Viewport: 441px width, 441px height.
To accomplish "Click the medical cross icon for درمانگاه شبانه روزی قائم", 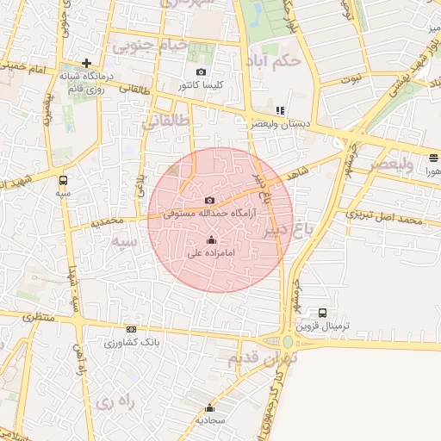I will (x=86, y=63).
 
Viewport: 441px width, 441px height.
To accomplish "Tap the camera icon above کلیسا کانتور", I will (x=201, y=72).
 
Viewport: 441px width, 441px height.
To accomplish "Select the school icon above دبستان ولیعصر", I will (x=280, y=110).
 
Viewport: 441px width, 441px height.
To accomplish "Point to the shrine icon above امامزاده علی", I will (x=212, y=239).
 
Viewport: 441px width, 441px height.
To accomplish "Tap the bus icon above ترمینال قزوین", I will (x=322, y=313).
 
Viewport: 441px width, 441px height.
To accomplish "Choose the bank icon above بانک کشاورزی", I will (x=131, y=329).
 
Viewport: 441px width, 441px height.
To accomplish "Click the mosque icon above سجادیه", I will (x=209, y=408).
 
